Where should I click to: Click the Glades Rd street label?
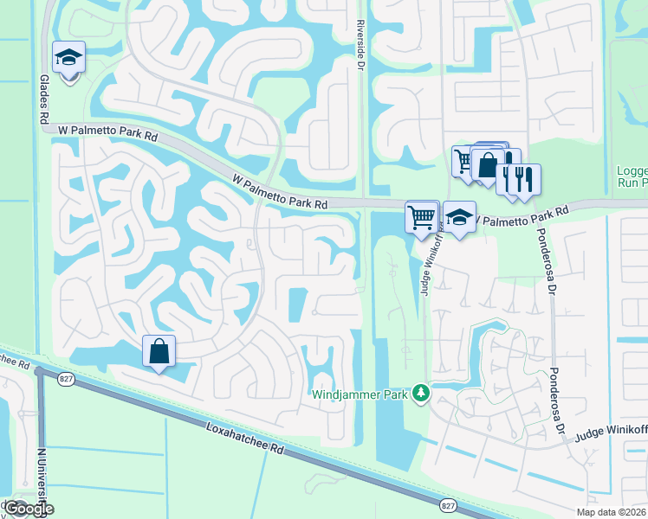click(42, 101)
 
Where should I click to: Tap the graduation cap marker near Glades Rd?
click(68, 58)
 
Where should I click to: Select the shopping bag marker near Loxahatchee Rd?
click(159, 351)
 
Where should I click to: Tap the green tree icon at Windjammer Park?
click(421, 394)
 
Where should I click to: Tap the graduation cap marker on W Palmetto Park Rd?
click(459, 218)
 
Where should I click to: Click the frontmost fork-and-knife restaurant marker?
click(524, 179)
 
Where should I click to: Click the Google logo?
click(29, 509)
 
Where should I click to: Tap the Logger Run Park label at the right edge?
click(632, 176)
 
